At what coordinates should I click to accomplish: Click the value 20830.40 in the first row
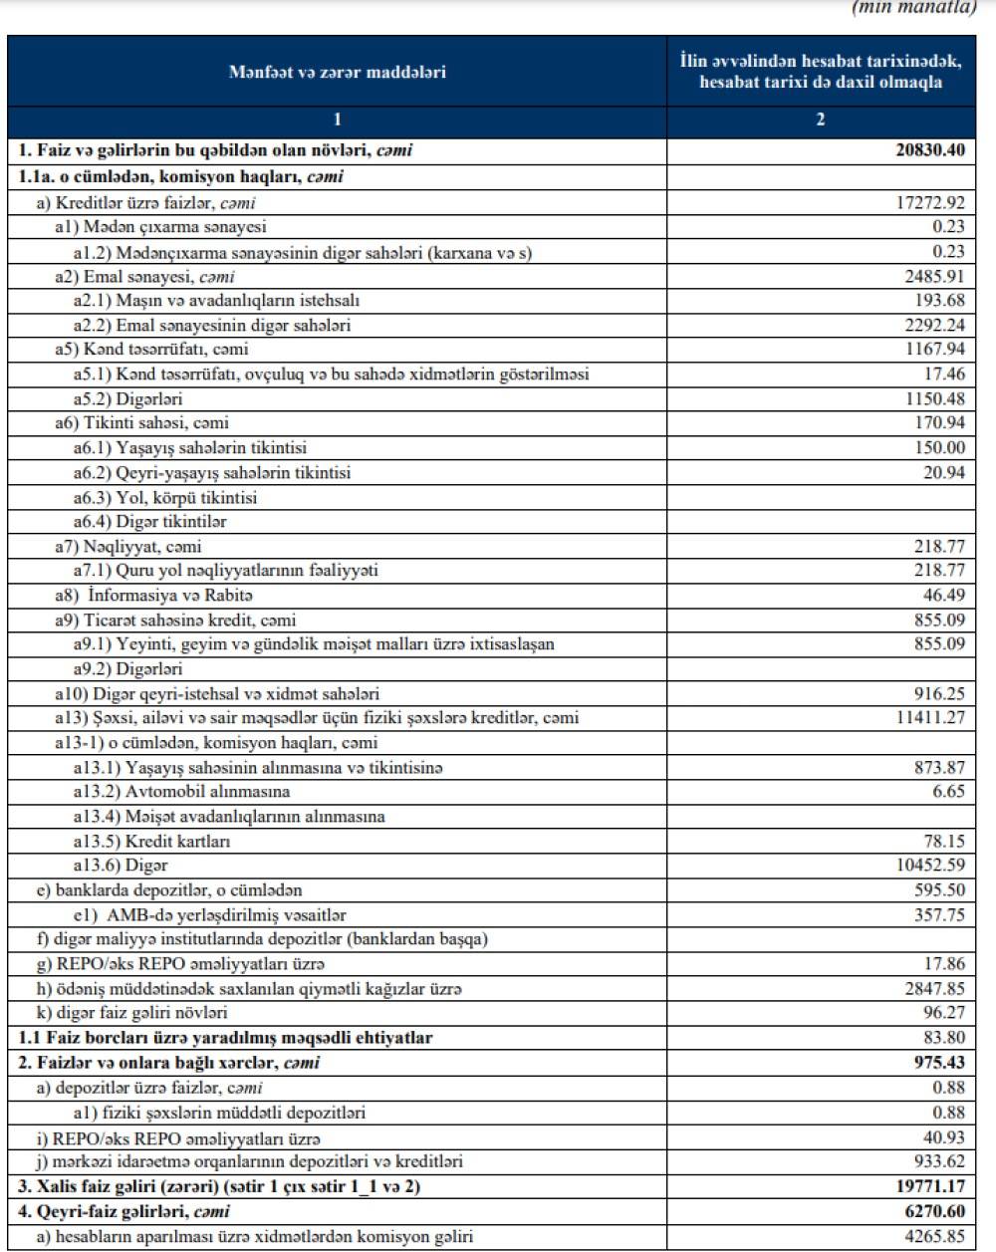[929, 152]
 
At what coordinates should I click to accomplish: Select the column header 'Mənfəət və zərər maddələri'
[337, 72]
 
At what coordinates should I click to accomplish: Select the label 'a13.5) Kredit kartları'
[151, 841]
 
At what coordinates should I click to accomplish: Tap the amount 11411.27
[929, 718]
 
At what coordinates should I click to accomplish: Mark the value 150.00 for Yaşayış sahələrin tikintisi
[939, 448]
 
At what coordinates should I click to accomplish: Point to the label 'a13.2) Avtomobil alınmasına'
[181, 792]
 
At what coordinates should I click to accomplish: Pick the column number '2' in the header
[820, 121]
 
